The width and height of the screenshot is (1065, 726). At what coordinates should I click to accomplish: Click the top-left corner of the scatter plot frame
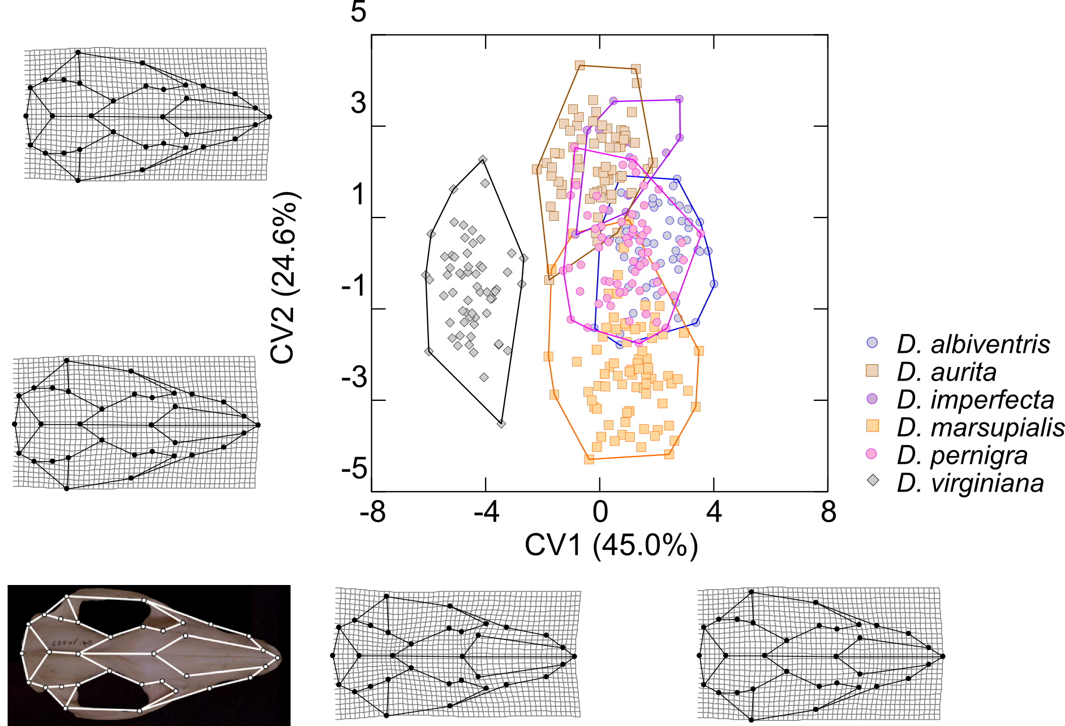tap(371, 35)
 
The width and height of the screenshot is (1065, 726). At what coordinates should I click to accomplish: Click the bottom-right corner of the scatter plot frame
tap(827, 491)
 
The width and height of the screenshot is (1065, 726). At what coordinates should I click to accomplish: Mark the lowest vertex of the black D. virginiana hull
tap(501, 424)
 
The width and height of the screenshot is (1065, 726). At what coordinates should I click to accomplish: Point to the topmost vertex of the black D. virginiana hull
tap(483, 160)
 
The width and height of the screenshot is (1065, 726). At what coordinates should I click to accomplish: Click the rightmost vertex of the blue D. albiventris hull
tap(714, 284)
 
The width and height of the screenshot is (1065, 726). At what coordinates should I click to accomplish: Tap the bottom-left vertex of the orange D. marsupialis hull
tap(589, 459)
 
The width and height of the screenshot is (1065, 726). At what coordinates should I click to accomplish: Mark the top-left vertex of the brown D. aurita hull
tap(579, 66)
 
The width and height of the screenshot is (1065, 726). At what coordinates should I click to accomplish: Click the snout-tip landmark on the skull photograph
tap(278, 658)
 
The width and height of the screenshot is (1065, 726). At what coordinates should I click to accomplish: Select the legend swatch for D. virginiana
tap(873, 481)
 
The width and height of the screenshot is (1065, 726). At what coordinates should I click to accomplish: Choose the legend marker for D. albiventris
tap(873, 342)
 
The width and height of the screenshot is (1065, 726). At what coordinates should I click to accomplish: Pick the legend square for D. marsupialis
tap(873, 425)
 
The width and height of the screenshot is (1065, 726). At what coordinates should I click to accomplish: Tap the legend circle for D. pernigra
tap(872, 454)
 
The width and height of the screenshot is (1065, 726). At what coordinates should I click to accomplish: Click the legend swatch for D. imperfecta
tap(873, 398)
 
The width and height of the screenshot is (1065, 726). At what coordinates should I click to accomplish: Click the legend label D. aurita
tap(947, 372)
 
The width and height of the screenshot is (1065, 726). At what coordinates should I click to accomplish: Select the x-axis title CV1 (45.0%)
tap(611, 545)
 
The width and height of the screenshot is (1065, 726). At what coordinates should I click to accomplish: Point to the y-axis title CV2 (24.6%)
tap(285, 278)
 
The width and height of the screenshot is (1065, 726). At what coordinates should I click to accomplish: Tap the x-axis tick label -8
tap(373, 512)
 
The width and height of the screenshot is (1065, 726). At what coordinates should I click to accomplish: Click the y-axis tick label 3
tap(358, 103)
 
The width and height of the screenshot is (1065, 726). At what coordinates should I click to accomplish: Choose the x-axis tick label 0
tap(600, 512)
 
